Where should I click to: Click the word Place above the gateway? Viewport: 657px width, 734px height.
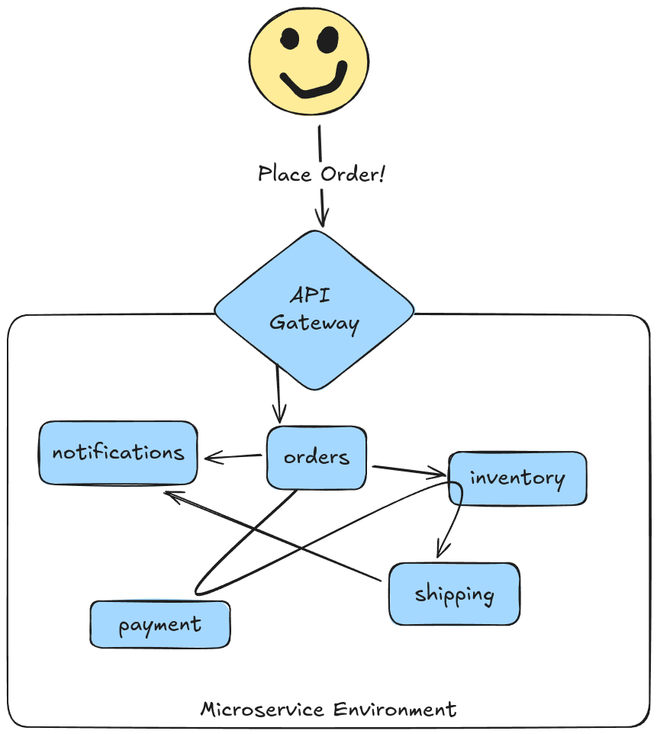[x=284, y=175]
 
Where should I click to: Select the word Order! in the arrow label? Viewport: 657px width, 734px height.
[x=352, y=175]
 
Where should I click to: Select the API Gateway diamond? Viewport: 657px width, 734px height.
[x=314, y=310]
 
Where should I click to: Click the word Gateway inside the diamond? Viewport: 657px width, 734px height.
[x=314, y=324]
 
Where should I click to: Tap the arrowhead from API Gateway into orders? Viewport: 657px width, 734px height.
[x=279, y=416]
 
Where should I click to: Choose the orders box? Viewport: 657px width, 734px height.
[x=316, y=458]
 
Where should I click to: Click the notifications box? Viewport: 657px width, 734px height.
[x=118, y=452]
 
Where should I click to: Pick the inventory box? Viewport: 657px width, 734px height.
[x=517, y=478]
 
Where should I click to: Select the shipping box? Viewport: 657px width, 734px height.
[x=454, y=594]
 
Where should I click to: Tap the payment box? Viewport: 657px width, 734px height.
[x=160, y=625]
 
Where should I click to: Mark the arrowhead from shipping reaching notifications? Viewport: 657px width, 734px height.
[x=171, y=495]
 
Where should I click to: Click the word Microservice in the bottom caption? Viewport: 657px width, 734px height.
[x=259, y=710]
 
